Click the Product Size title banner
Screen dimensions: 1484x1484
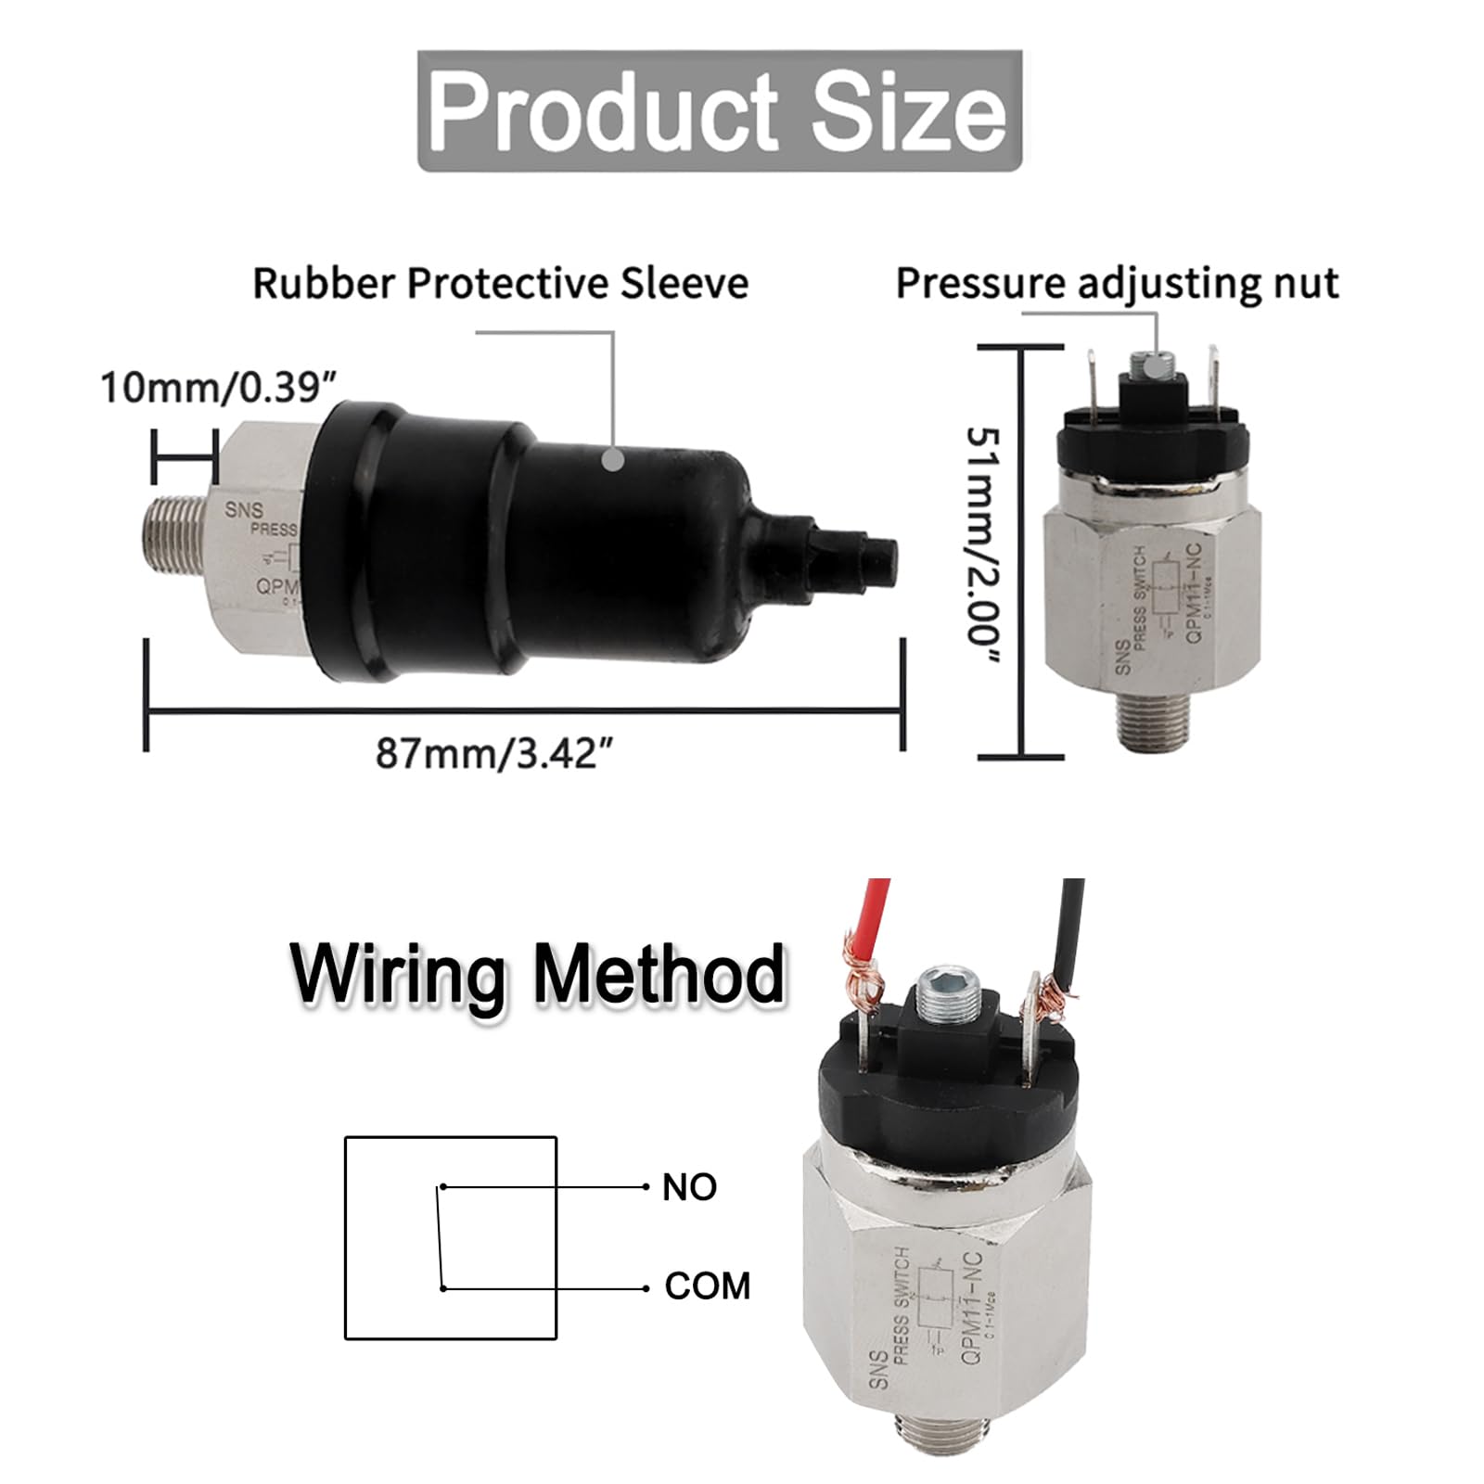(719, 111)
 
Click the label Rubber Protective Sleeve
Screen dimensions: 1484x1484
(500, 283)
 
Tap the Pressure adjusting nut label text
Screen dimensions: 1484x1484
(1117, 283)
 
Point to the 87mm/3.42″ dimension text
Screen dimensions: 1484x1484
(495, 753)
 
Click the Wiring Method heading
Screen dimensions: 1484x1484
(538, 974)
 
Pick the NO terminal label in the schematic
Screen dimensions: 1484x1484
(689, 1187)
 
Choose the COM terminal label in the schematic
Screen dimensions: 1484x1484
(707, 1286)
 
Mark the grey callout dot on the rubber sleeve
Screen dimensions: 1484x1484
(612, 458)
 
